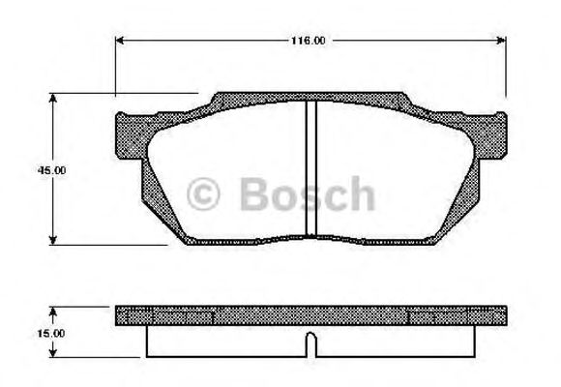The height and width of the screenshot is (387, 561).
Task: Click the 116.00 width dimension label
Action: pyautogui.click(x=309, y=41)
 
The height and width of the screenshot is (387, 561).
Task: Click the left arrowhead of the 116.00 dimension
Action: pyautogui.click(x=121, y=41)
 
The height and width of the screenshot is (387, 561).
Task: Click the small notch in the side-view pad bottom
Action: pyautogui.click(x=310, y=341)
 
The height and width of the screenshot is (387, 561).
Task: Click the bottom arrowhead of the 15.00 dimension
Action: pyautogui.click(x=51, y=354)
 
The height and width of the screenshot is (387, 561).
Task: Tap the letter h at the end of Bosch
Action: pyautogui.click(x=360, y=194)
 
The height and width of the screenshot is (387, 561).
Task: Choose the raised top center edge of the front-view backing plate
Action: pyautogui.click(x=310, y=97)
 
